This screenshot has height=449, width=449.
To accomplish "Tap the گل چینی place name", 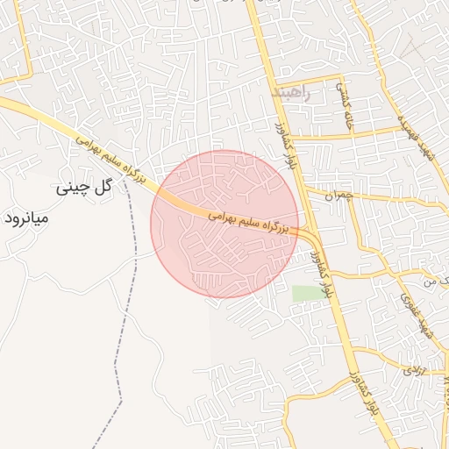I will point(84,187).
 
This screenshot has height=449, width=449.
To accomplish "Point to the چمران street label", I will point(336,195).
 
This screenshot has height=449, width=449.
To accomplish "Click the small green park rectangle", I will point(307,294).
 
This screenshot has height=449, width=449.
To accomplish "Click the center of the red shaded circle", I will point(224,224).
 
